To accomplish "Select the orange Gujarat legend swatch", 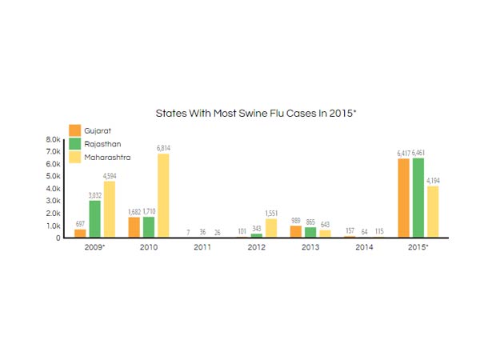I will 74,130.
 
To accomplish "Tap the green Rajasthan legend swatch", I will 74,144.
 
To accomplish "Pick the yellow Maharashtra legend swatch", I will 74,157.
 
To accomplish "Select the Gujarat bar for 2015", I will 404,198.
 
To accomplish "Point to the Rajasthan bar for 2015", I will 418,198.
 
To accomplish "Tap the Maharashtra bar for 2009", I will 109,209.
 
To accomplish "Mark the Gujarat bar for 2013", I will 296,231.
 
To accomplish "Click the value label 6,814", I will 163,148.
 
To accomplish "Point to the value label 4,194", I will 433,181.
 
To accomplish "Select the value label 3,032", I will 94,194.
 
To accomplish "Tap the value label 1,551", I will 270,213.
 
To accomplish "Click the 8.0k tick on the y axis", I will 54,139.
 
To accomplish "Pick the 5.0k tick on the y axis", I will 54,176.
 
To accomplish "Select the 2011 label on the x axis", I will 202,248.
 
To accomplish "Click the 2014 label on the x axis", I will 363,248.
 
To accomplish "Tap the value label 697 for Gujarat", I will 80,223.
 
